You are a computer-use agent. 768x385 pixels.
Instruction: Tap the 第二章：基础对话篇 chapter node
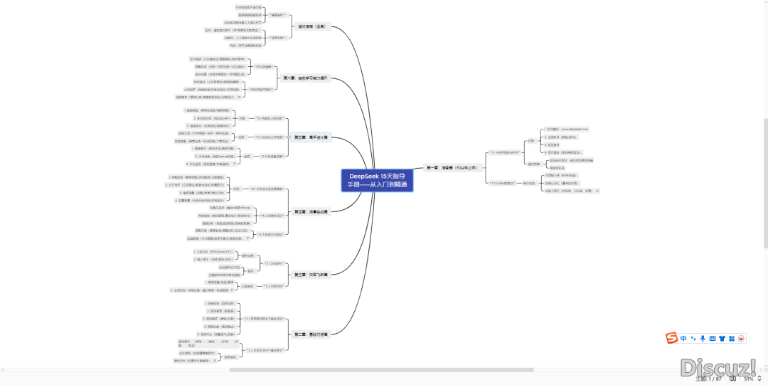click(311, 334)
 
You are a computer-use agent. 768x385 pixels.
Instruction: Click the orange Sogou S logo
click(670, 338)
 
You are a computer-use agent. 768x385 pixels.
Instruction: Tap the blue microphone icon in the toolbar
click(703, 338)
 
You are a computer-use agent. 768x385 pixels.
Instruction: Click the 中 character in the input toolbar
click(683, 338)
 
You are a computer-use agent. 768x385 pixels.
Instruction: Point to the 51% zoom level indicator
click(748, 379)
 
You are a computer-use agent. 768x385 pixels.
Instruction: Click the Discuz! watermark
click(718, 367)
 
